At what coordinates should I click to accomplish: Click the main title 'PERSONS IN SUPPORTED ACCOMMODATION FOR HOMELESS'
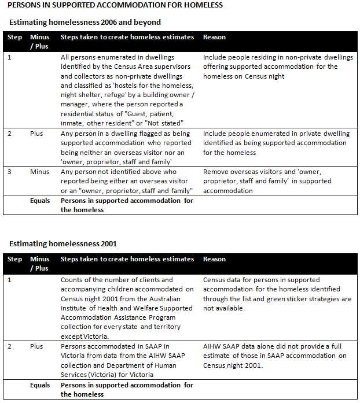116,5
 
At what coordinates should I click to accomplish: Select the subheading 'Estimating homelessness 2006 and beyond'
85,23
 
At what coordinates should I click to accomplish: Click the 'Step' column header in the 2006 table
14,37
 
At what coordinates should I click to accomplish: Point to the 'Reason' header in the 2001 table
214,259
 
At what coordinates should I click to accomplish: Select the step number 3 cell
9,172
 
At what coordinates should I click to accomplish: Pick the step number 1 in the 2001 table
9,280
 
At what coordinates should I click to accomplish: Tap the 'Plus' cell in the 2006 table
37,133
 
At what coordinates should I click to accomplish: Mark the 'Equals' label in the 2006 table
40,201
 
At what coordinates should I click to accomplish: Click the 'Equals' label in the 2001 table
40,385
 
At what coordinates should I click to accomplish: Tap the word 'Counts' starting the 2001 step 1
73,280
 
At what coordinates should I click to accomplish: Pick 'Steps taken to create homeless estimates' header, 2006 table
127,37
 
